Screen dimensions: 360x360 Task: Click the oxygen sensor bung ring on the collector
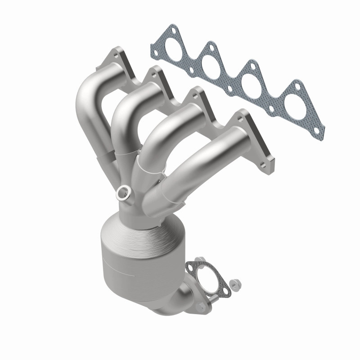tap(122, 193)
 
